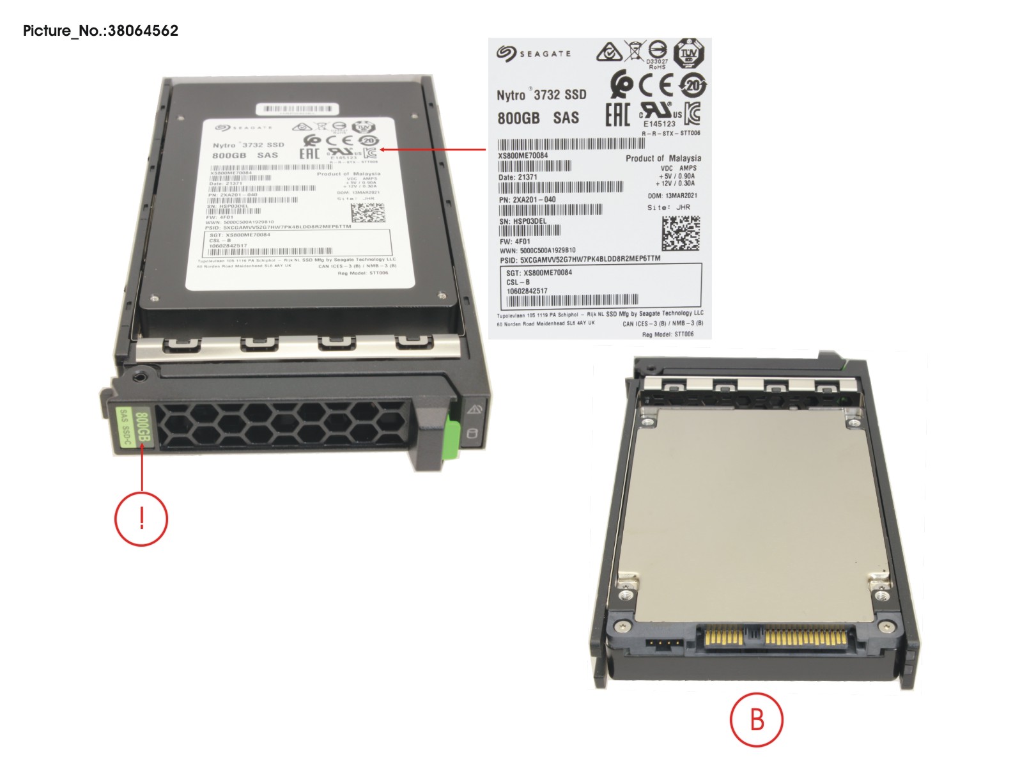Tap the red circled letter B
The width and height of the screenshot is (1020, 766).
pos(756,719)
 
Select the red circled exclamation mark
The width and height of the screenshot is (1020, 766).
pos(141,518)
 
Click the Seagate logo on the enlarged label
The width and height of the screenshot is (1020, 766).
pos(534,54)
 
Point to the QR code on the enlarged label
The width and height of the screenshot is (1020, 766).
pos(681,233)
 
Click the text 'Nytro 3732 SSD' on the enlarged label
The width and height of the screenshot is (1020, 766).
pos(541,95)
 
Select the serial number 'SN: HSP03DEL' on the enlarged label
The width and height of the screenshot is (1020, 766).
pos(523,221)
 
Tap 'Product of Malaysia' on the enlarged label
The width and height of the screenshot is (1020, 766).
pos(663,158)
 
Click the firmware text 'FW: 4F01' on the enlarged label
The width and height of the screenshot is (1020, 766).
pos(514,242)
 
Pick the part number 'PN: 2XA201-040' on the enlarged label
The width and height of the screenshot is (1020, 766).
pos(527,199)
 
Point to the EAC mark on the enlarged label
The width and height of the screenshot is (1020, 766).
pos(617,115)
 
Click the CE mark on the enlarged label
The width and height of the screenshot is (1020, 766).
pos(656,85)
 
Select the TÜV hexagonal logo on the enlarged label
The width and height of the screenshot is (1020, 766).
pos(689,53)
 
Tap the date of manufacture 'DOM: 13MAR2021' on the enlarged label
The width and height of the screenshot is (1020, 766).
pos(672,196)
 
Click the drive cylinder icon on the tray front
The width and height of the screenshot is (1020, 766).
pos(473,435)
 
